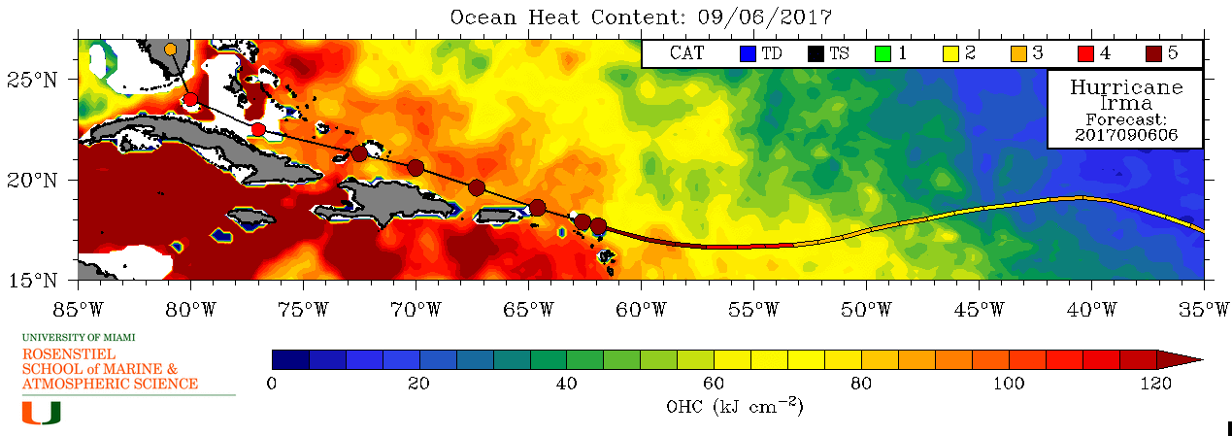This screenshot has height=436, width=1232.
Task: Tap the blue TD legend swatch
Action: pos(748,53)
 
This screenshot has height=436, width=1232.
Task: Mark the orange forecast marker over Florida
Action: pos(171,49)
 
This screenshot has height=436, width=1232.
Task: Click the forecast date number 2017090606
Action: pos(1126,136)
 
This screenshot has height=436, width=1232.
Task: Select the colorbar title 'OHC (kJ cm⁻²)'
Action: pos(735,406)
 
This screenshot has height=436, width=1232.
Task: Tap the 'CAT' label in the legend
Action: pos(687,53)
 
